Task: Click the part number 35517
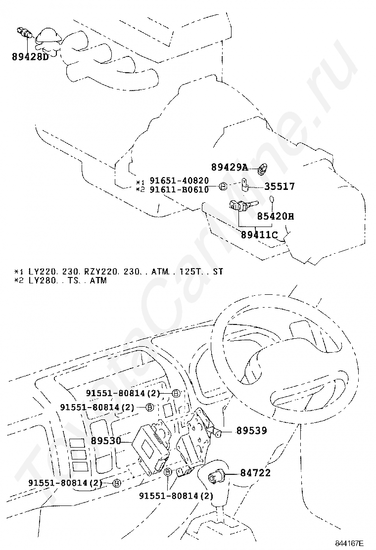tap(279, 186)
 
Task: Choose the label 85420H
tap(275, 216)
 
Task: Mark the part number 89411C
tap(259, 234)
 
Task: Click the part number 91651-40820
tap(179, 181)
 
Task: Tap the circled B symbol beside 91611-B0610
tap(223, 186)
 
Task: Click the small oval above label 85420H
tap(272, 200)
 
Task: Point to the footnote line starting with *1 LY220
tap(119, 272)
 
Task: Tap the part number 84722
tap(255, 473)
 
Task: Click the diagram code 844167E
tap(349, 543)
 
